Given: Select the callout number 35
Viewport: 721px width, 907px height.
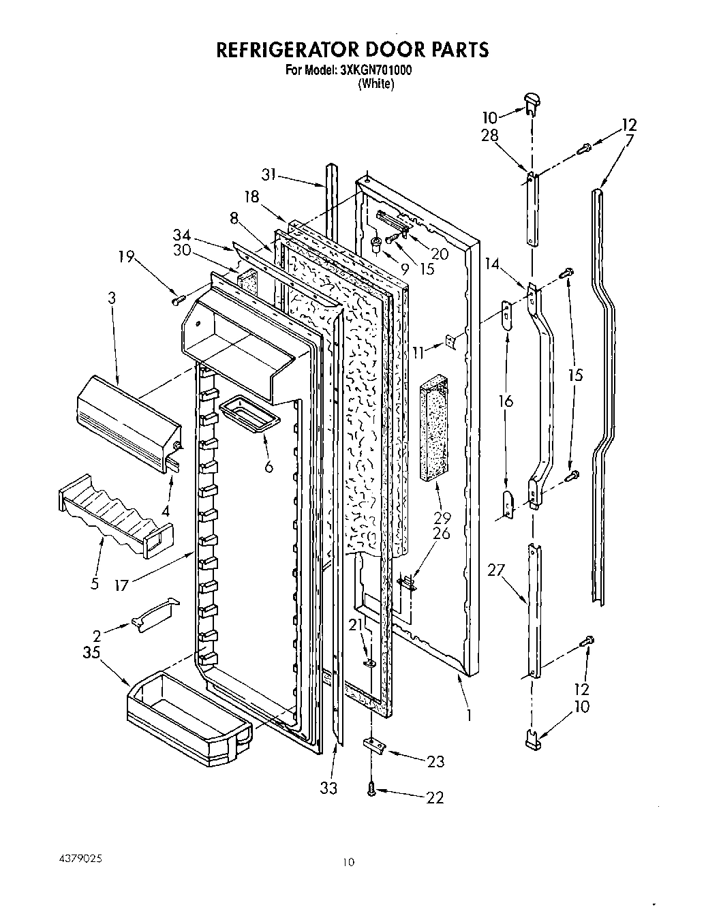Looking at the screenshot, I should click(91, 653).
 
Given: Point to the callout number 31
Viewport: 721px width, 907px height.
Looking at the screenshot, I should click(270, 174).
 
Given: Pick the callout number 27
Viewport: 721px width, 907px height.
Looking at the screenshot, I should click(495, 570).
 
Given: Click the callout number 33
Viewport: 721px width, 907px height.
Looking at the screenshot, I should click(329, 788).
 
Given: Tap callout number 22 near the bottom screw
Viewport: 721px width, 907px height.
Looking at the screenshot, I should click(433, 797).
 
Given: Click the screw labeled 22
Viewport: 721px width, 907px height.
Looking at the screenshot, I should click(371, 789).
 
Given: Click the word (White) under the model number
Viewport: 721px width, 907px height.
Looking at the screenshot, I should click(375, 84).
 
